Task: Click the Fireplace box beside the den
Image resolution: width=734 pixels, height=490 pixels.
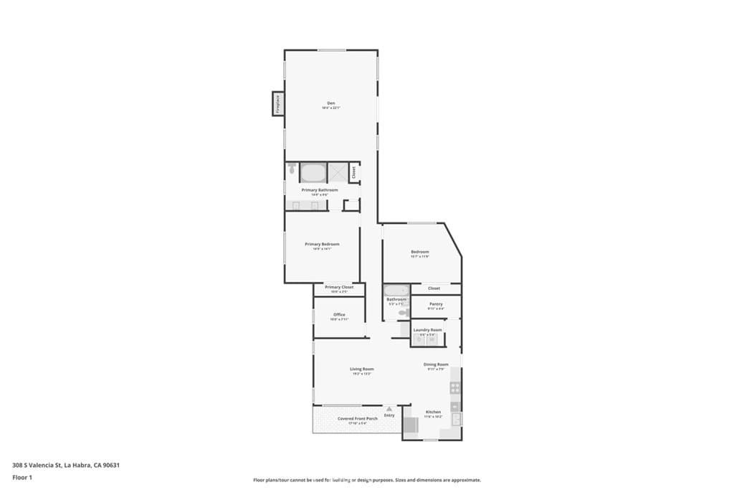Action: click(x=277, y=104)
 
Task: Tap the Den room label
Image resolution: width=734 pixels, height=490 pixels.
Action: click(x=330, y=103)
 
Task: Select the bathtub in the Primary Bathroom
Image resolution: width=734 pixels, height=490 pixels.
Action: click(x=312, y=172)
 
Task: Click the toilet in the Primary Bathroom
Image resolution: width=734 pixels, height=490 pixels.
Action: click(x=292, y=170)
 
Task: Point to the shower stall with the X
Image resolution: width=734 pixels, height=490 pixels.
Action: click(x=337, y=172)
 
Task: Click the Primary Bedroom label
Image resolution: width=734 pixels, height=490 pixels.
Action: click(x=322, y=244)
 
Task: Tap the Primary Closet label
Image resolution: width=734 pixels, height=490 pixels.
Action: click(x=339, y=287)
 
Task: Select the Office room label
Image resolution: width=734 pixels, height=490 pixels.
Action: click(x=339, y=314)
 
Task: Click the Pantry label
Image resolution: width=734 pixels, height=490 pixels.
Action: click(x=436, y=303)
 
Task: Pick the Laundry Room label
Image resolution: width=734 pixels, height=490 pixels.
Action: click(x=428, y=329)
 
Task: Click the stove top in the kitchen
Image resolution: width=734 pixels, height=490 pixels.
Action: click(x=454, y=388)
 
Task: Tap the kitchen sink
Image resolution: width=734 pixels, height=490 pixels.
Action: click(x=456, y=419)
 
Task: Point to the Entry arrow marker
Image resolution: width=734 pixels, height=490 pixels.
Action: click(x=389, y=409)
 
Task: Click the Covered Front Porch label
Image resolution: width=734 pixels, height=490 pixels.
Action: click(x=358, y=418)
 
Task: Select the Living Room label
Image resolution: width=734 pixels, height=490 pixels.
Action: click(x=362, y=369)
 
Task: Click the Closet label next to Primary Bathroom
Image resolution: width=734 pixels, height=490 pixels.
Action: click(x=353, y=172)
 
